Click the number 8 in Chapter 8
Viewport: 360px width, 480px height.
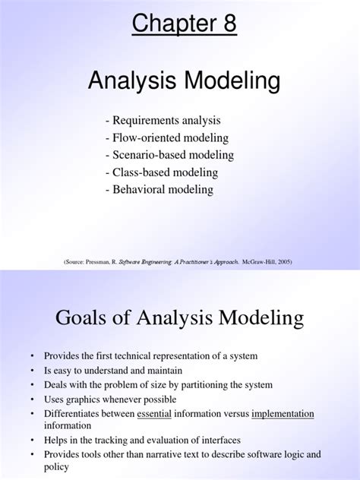tap(229, 24)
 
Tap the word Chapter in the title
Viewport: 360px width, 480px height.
tap(168, 24)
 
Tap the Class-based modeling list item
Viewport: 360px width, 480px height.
tap(168, 172)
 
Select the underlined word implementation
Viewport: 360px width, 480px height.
tap(283, 413)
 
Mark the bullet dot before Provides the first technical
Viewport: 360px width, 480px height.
tap(33, 356)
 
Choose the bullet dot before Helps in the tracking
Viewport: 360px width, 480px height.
tap(33, 441)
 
